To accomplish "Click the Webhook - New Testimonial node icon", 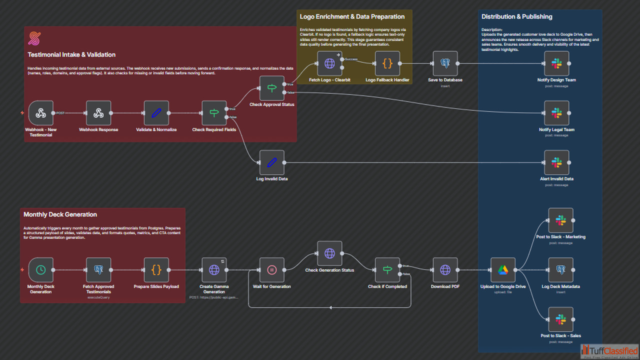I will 41,113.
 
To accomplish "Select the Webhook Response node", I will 98,113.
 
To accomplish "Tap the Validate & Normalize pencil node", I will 156,113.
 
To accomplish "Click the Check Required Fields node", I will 214,113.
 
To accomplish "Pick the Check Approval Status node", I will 272,88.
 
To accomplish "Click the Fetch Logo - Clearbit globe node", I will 329,63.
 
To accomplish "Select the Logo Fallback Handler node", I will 387,63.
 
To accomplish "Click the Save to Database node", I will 445,63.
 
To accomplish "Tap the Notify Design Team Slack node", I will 556,63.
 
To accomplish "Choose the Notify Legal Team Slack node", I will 556,113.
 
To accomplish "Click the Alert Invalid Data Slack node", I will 556,162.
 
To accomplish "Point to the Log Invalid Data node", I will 272,162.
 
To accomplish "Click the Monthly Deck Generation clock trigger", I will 41,270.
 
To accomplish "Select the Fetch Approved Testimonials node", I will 98,270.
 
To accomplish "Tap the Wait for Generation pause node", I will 272,270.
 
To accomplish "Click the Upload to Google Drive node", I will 502,270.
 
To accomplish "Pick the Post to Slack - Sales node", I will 561,319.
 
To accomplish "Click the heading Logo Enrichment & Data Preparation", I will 352,16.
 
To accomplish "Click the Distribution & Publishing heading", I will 516,16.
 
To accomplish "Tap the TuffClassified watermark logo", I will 609,351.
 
